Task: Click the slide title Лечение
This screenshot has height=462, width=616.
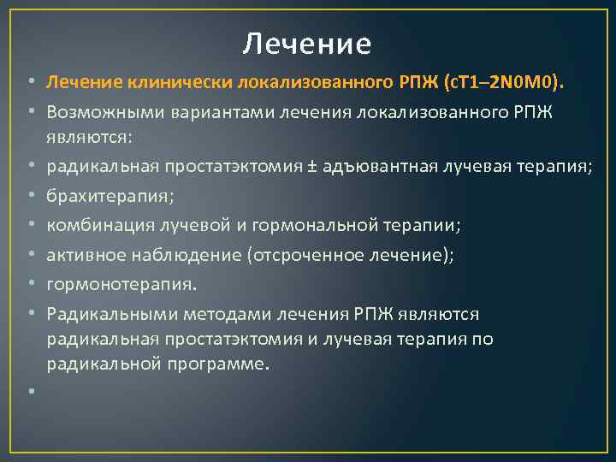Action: point(307,43)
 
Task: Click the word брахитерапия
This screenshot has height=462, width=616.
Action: point(110,196)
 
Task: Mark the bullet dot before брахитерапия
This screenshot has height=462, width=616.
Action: point(30,196)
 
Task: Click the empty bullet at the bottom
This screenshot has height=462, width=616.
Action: point(30,393)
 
